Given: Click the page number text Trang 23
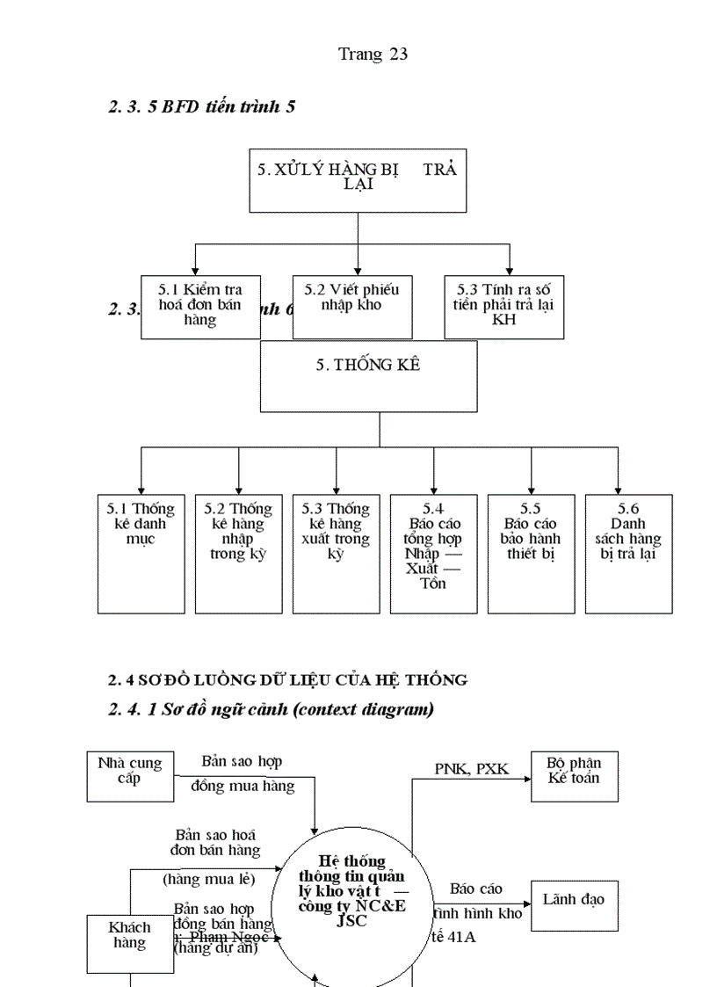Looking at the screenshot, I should [x=373, y=54].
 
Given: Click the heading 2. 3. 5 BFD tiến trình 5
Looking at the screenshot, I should [x=202, y=107].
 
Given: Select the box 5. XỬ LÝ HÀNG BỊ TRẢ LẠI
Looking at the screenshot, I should [x=358, y=180].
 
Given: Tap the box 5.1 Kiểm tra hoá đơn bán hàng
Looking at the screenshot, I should [x=200, y=306].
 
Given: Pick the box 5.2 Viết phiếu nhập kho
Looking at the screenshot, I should [x=352, y=306].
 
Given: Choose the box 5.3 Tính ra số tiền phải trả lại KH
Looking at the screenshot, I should [x=504, y=306].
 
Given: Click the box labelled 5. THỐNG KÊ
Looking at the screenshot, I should [x=368, y=376].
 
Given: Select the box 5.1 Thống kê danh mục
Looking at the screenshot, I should [x=141, y=553].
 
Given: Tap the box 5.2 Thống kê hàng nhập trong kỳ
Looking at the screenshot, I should [x=239, y=553].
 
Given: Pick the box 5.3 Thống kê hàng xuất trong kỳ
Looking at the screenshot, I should [x=336, y=553].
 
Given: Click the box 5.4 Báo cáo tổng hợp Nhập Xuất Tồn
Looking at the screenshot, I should [x=433, y=553].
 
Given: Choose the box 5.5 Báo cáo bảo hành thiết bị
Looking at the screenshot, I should [x=531, y=553].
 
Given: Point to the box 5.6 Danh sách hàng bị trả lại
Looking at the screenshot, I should [x=628, y=553].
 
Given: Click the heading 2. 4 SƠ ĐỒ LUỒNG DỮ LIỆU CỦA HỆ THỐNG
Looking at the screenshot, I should [x=287, y=679].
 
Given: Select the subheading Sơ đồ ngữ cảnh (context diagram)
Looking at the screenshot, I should [x=271, y=709].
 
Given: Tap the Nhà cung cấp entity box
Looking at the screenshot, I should [x=130, y=776].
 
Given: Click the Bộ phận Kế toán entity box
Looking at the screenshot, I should [x=574, y=776].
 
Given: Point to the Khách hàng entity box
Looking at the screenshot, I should [x=130, y=945].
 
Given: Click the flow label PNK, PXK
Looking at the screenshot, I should [x=472, y=769].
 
